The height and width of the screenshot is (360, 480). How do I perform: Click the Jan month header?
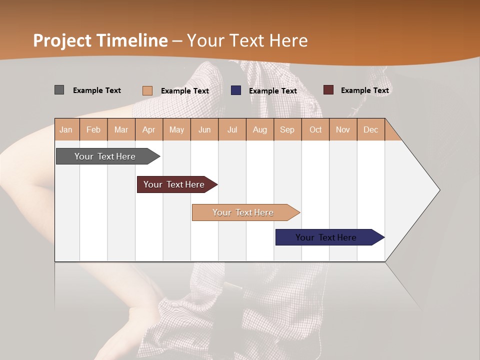pyautogui.click(x=66, y=129)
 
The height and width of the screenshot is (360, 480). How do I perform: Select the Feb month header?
pyautogui.click(x=93, y=129)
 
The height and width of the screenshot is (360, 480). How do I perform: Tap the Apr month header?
pyautogui.click(x=149, y=129)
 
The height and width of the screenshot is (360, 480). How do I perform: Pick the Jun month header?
pyautogui.click(x=204, y=129)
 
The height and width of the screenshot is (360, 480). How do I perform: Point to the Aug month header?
pyautogui.click(x=260, y=129)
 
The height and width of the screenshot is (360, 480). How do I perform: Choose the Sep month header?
pyautogui.click(x=287, y=129)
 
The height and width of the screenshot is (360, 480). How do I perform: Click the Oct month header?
pyautogui.click(x=315, y=129)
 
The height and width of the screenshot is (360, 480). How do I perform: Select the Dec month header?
pyautogui.click(x=371, y=129)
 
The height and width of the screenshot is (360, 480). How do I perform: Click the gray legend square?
pyautogui.click(x=59, y=90)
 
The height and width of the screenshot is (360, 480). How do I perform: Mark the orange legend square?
pyautogui.click(x=147, y=90)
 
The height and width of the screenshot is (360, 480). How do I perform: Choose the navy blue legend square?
pyautogui.click(x=236, y=90)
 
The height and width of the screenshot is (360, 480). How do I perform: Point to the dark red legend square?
pyautogui.click(x=328, y=90)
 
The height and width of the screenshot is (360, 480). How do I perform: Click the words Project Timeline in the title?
pyautogui.click(x=100, y=40)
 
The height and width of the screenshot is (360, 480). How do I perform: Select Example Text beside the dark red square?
pyautogui.click(x=365, y=90)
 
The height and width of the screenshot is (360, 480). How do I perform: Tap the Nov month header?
pyautogui.click(x=343, y=129)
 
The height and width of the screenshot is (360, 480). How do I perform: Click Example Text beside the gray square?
pyautogui.click(x=97, y=90)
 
